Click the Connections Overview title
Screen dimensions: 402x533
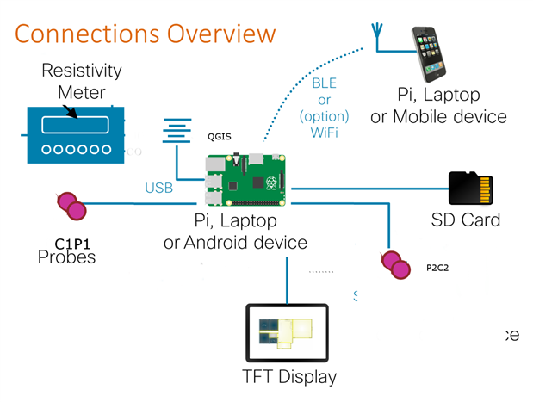click(145, 34)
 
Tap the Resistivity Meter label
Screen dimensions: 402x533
click(82, 81)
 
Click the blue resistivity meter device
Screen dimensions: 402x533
click(74, 134)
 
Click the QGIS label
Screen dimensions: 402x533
click(219, 136)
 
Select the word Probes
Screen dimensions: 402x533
click(66, 257)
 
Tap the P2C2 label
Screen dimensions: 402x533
click(437, 268)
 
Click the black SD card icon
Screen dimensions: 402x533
click(471, 189)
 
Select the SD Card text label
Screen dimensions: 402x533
click(465, 220)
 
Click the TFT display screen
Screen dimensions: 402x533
click(287, 333)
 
